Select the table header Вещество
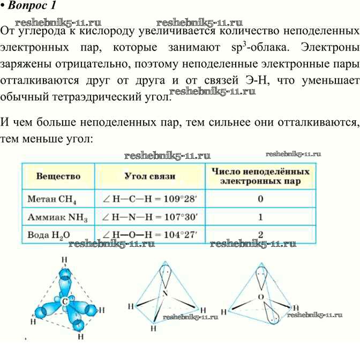pyautogui.click(x=58, y=176)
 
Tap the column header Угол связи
pyautogui.click(x=149, y=177)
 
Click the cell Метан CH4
pyautogui.click(x=52, y=199)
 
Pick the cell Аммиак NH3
pyautogui.click(x=57, y=217)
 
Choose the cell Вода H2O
pyautogui.click(x=49, y=235)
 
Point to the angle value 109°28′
pyautogui.click(x=180, y=199)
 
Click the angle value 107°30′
pyautogui.click(x=181, y=217)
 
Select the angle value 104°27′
pyautogui.click(x=181, y=235)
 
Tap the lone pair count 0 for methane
pyautogui.click(x=260, y=199)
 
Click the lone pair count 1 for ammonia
pyautogui.click(x=260, y=217)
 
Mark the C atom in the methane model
pyautogui.click(x=65, y=302)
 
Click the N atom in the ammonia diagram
pyautogui.click(x=165, y=293)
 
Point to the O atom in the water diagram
pyautogui.click(x=261, y=297)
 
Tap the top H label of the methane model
pyautogui.click(x=64, y=260)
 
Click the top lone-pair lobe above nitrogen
pyautogui.click(x=166, y=275)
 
